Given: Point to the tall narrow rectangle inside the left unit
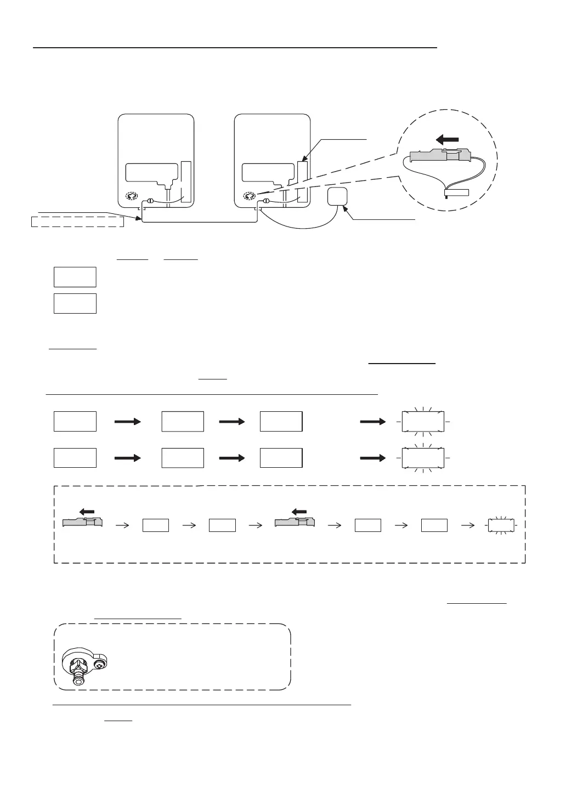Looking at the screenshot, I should (x=186, y=182).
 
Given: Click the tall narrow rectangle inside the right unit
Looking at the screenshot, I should (x=302, y=182).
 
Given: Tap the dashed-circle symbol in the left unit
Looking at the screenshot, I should (x=132, y=196).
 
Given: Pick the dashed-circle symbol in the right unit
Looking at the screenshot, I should (x=248, y=196).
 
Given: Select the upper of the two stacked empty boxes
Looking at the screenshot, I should (x=75, y=277).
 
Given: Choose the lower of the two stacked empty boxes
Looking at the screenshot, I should (x=75, y=303).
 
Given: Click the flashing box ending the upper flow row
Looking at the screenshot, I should (x=423, y=421).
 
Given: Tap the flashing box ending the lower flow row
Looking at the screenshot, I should (x=423, y=457).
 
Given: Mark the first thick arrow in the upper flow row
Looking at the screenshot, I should (x=128, y=422).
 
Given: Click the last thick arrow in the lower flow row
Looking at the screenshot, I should (x=373, y=458).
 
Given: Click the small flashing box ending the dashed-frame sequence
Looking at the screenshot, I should (x=501, y=525).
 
